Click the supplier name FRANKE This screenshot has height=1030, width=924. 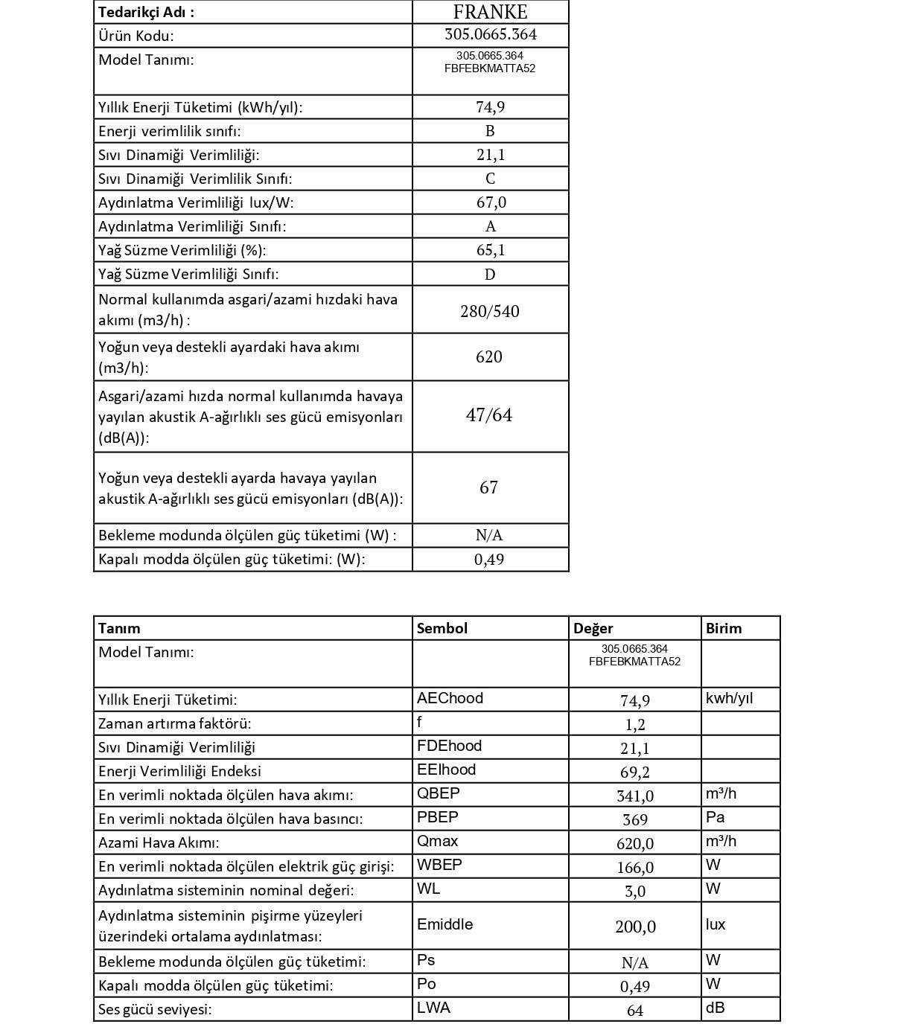(x=490, y=12)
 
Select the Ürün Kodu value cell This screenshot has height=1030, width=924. (x=490, y=35)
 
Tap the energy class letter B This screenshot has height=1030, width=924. (x=490, y=131)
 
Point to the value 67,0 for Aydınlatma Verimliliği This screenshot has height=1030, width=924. (x=491, y=202)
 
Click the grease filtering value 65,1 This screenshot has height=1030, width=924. (x=491, y=250)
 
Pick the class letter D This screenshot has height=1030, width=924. (x=490, y=275)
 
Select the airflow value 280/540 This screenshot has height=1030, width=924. (x=489, y=311)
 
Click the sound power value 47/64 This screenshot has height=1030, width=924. (x=488, y=415)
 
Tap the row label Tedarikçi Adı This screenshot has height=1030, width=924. (x=146, y=12)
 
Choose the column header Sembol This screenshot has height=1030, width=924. (x=442, y=628)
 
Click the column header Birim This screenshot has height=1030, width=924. (x=724, y=628)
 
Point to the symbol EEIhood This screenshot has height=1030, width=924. (x=446, y=770)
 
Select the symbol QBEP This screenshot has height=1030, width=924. (x=438, y=793)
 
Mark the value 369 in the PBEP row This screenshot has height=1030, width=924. (x=634, y=820)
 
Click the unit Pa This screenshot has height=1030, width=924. (x=715, y=817)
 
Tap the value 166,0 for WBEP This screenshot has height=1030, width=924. (x=634, y=868)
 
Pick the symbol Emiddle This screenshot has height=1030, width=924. (x=445, y=924)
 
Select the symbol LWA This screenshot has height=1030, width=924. (x=433, y=1008)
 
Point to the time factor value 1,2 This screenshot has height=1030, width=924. (x=634, y=725)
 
